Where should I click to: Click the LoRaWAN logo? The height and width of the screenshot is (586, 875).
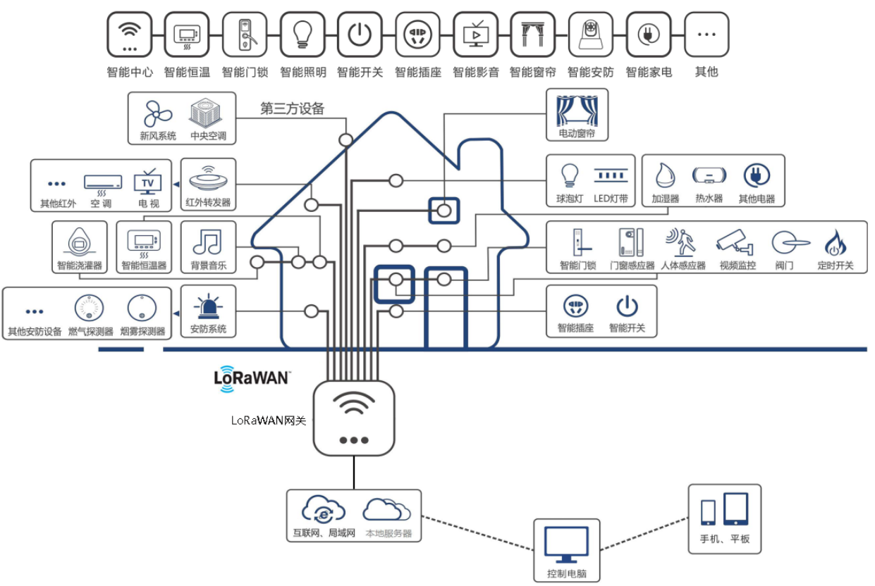point(252,378)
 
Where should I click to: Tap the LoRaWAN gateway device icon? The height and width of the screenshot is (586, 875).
point(353,418)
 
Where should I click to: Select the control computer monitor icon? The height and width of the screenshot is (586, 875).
point(566,544)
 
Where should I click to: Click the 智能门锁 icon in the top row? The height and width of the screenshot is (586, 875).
point(245,35)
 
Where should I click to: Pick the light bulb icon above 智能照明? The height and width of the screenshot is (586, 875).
point(302,35)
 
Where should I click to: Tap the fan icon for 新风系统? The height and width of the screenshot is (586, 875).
point(157,113)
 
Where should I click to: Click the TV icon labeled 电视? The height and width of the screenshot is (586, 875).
point(147,182)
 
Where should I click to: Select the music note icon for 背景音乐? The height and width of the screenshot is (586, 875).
point(207,242)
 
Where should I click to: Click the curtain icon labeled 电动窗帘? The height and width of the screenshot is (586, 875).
point(577,111)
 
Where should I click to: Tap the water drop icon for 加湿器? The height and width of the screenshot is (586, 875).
point(665,175)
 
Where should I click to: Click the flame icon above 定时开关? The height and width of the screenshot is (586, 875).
point(835,242)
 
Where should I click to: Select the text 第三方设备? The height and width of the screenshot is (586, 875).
point(292,108)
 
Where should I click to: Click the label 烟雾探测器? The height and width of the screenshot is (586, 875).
point(142,331)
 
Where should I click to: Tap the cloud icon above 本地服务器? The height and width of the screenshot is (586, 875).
point(386,509)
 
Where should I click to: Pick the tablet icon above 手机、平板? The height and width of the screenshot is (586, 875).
point(736,509)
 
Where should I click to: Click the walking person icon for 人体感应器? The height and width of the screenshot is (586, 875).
point(681,242)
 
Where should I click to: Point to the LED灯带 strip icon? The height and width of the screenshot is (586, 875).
point(611,175)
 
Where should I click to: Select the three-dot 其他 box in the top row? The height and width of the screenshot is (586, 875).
point(706,35)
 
